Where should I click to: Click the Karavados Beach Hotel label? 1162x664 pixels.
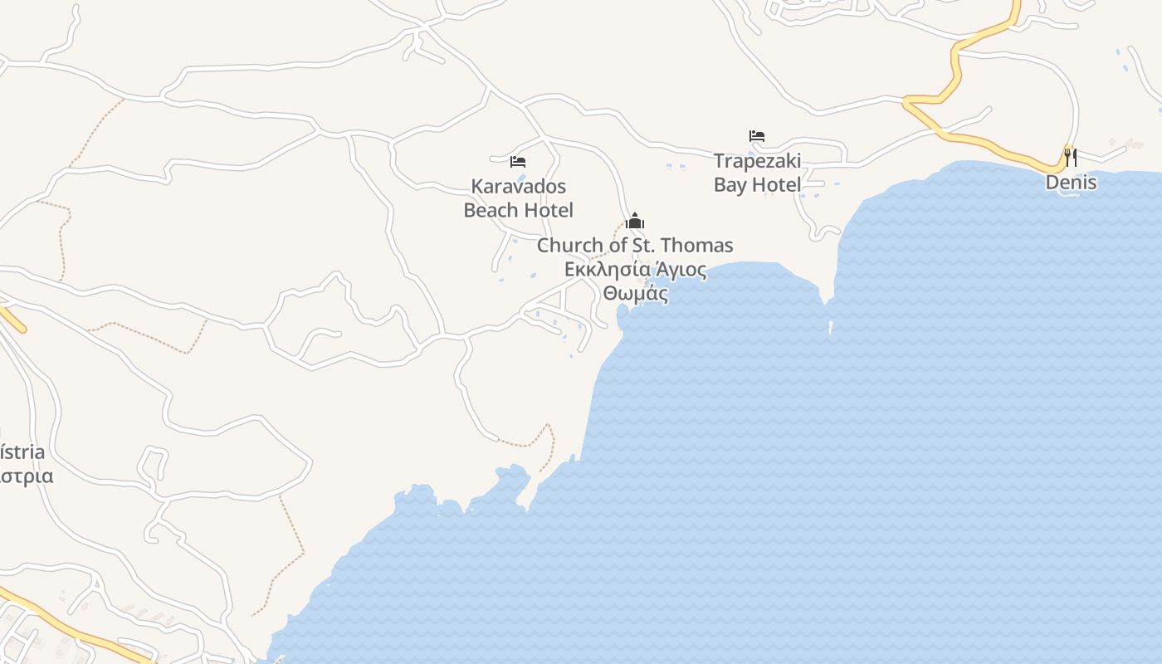click(518, 198)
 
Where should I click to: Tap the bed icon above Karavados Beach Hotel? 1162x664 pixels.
click(518, 161)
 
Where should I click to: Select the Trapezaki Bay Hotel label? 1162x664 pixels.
click(757, 173)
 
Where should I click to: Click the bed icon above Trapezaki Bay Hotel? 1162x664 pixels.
click(756, 135)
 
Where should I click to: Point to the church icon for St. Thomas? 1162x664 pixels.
click(635, 221)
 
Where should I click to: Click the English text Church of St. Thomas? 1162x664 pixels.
click(635, 246)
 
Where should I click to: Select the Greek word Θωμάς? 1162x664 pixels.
click(636, 294)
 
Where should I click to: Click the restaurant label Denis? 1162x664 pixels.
click(1071, 183)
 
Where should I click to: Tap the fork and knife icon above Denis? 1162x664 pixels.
click(1071, 157)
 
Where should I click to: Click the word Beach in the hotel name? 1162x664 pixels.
click(491, 210)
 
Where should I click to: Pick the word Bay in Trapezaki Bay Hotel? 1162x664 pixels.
click(730, 185)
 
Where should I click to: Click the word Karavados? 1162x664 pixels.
click(518, 185)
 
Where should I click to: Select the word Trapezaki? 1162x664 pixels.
click(757, 161)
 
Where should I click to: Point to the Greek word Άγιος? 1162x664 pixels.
click(680, 270)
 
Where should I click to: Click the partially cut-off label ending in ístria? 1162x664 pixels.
click(22, 452)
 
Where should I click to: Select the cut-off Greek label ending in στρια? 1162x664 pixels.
click(27, 476)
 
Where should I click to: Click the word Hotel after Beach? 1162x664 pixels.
click(548, 210)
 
